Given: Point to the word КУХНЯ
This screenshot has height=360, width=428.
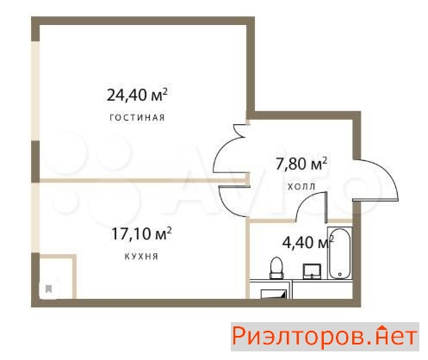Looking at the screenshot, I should [139, 256].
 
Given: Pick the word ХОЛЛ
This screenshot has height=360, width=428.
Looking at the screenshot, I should [301, 185].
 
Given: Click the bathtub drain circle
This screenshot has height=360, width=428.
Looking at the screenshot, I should [338, 239].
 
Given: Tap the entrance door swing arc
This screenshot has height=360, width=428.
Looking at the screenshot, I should [375, 184].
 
